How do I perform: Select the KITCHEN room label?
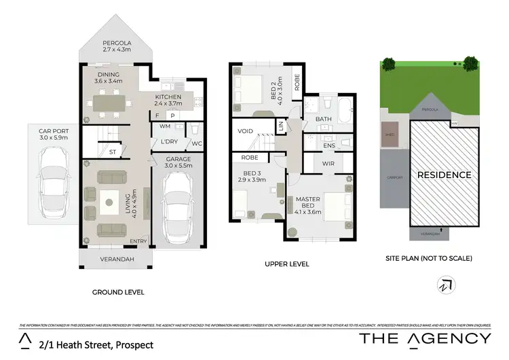168,97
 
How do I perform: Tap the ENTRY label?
138,241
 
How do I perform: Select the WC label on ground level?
197,143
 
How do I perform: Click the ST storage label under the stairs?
113,152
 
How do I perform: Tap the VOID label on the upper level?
245,131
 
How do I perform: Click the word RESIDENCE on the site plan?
444,175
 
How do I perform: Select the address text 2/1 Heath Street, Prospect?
96,345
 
